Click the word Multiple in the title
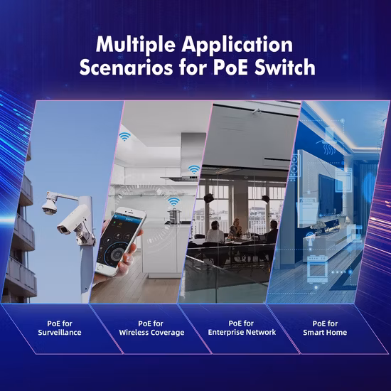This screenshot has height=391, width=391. pyautogui.click(x=136, y=44)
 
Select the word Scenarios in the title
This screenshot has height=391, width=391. pyautogui.click(x=126, y=68)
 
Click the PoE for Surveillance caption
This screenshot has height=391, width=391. pyautogui.click(x=60, y=328)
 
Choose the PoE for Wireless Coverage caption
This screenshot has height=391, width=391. pyautogui.click(x=151, y=328)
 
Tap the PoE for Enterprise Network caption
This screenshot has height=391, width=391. pyautogui.click(x=242, y=328)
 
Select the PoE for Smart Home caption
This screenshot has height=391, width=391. pyautogui.click(x=325, y=328)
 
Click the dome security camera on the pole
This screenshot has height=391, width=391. pyautogui.click(x=49, y=204)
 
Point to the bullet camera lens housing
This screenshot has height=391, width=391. pyautogui.click(x=73, y=220)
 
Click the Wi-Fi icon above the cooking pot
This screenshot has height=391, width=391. pyautogui.click(x=173, y=201)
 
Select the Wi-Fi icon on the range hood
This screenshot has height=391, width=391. pyautogui.click(x=194, y=169)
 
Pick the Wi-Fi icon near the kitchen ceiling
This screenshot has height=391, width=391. pyautogui.click(x=124, y=136)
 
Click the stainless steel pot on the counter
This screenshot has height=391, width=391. pyautogui.click(x=174, y=216)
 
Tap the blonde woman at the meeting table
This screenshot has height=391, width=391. pyautogui.click(x=235, y=227)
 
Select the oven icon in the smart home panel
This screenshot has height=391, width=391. pyautogui.click(x=317, y=269)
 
